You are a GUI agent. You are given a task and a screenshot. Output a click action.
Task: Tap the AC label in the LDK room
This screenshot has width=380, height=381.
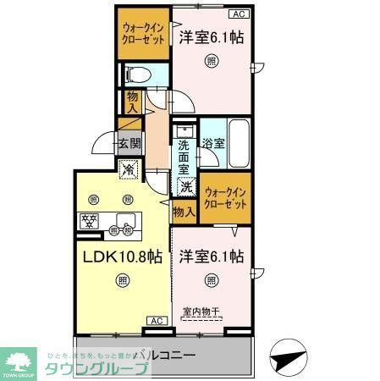(x=157, y=320)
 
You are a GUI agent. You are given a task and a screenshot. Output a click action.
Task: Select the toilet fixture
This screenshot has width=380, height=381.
(x=136, y=75)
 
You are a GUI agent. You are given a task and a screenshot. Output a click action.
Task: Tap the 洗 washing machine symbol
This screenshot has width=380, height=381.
(x=185, y=187)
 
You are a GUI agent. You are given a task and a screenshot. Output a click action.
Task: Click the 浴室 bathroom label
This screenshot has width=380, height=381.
(x=213, y=144)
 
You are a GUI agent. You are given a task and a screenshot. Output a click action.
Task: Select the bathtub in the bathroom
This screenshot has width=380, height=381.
(x=239, y=145)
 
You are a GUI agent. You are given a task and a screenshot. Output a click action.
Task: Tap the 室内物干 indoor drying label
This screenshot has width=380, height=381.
(x=201, y=311)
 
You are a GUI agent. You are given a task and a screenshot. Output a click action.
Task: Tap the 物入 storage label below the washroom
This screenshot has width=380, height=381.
(x=184, y=210)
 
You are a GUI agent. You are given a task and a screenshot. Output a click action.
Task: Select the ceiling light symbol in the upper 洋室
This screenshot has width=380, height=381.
(x=212, y=59)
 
